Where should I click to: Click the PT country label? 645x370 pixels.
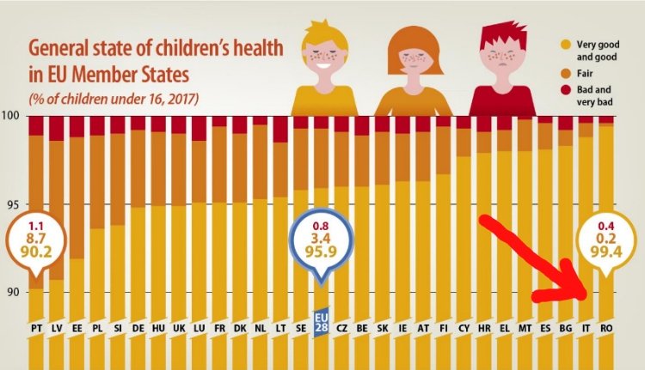click(36, 327)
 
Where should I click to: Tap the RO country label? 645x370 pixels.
click(606, 327)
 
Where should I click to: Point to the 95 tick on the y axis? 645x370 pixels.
click(10, 205)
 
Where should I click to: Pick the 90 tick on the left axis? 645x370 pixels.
click(10, 292)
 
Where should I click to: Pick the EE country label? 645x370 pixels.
click(77, 327)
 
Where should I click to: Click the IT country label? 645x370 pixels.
click(586, 327)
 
